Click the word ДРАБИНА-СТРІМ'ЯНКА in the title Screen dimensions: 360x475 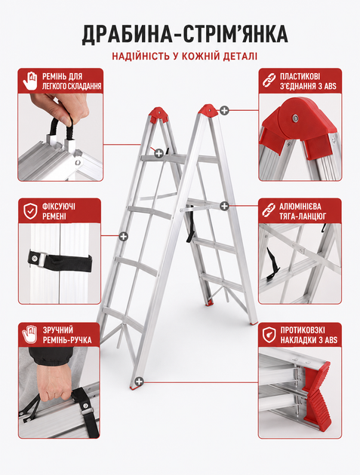[x=185, y=34]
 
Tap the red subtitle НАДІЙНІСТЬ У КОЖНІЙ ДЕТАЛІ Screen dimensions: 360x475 [x=185, y=57]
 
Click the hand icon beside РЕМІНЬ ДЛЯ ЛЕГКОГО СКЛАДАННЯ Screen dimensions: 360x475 [x=29, y=81]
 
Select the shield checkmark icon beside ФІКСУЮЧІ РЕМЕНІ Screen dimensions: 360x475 [x=30, y=211]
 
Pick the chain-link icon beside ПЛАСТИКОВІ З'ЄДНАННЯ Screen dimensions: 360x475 [x=269, y=81]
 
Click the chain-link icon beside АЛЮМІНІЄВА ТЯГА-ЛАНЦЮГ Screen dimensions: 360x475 [x=269, y=210]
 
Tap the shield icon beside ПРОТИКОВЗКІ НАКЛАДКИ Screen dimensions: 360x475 [x=269, y=335]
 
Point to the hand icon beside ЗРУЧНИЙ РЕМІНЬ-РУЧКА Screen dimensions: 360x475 [x=29, y=335]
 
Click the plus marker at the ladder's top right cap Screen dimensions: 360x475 [x=224, y=111]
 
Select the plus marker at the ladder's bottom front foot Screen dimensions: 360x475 [x=139, y=382]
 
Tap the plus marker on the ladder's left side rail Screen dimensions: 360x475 [x=123, y=236]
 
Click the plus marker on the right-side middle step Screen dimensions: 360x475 [x=224, y=206]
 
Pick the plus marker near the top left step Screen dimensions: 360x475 [x=159, y=154]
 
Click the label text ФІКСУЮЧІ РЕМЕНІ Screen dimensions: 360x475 [x=59, y=211]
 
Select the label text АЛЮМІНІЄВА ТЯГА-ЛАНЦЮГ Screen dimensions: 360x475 [x=303, y=211]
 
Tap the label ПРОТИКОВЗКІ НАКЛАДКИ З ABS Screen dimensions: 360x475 [x=309, y=335]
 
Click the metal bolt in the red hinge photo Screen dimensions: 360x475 [x=294, y=118]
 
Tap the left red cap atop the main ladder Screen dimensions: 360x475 [x=158, y=114]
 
